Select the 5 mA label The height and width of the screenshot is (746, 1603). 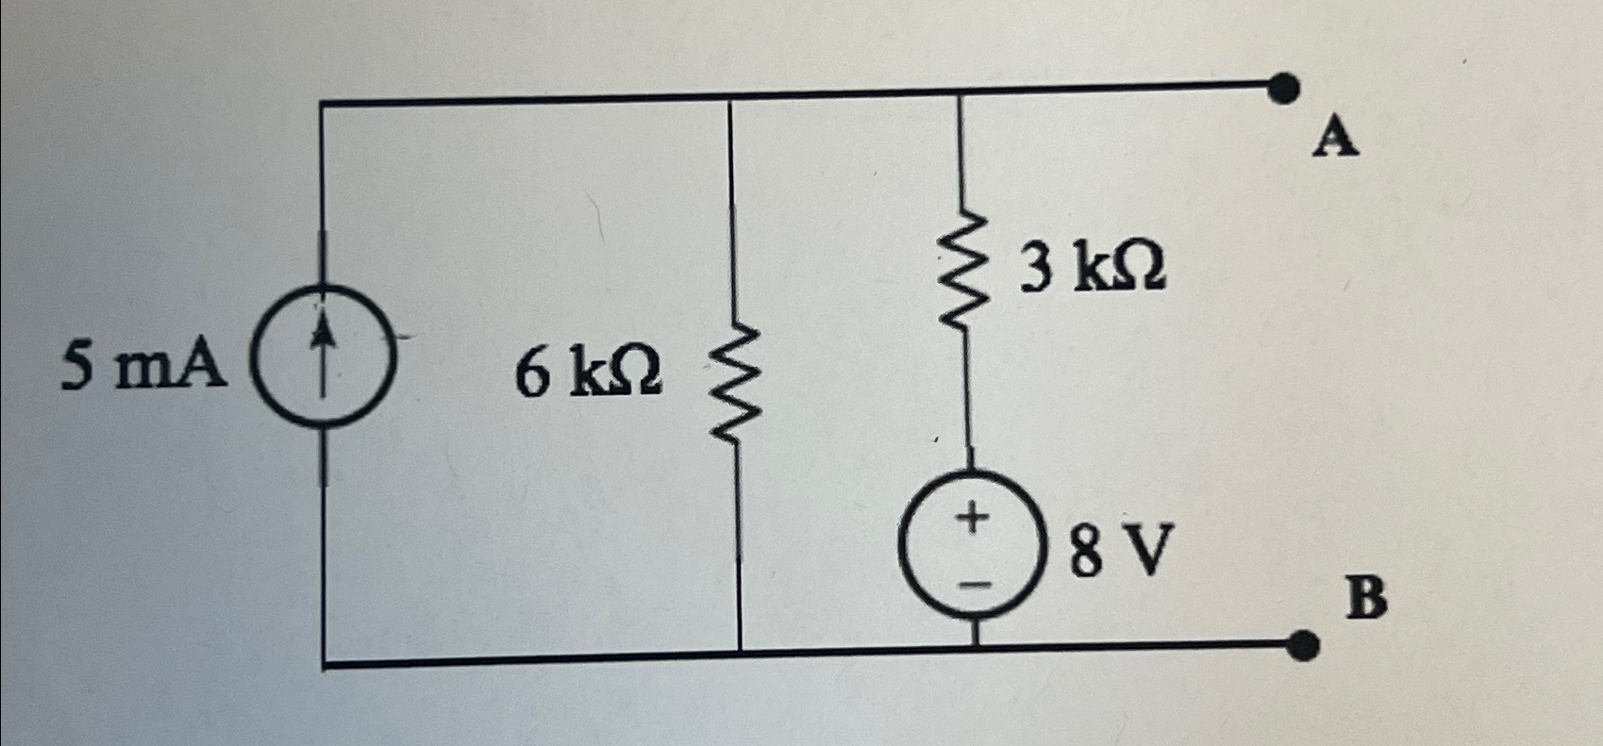[143, 366]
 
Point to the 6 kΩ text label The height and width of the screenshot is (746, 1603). [589, 373]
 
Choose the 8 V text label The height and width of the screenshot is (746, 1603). [1121, 551]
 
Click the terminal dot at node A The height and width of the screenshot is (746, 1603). [1282, 89]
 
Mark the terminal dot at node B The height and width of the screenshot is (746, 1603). [1304, 645]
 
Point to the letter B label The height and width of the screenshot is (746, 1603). [1367, 597]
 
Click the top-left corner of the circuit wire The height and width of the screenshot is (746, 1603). [323, 102]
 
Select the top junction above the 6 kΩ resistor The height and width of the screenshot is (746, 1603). [730, 97]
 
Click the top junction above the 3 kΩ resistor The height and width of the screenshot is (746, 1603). [960, 92]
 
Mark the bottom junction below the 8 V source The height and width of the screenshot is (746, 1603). [976, 650]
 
